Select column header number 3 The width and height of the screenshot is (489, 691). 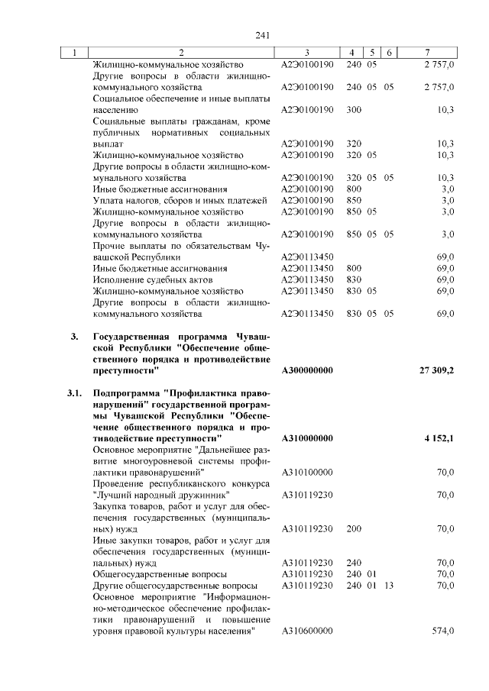pyautogui.click(x=306, y=53)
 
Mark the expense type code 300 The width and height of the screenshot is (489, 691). pyautogui.click(x=354, y=110)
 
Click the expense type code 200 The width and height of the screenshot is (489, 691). pyautogui.click(x=354, y=528)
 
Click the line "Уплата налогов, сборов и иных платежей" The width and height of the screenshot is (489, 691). pyautogui.click(x=180, y=200)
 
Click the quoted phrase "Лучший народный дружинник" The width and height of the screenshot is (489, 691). pyautogui.click(x=150, y=495)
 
